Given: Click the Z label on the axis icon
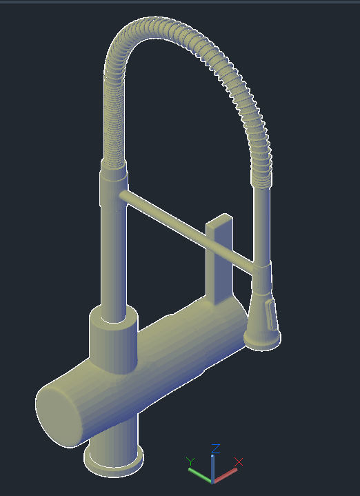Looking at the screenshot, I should point(215,448).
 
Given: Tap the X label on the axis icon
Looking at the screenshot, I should point(239,461).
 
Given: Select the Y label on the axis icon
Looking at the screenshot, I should point(191,461).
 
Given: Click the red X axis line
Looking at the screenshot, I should point(226,474).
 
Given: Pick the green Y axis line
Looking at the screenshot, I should point(201,475).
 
